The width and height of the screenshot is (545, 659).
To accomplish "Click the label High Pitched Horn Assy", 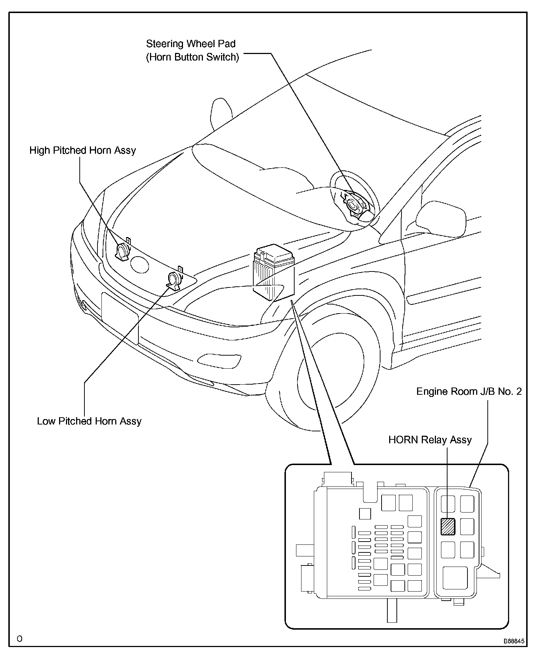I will (83, 150).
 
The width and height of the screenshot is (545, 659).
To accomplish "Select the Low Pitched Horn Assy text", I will (89, 421).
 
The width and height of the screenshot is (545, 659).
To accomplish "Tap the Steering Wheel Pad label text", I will (191, 44).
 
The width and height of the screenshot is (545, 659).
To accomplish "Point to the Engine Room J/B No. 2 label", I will (469, 391).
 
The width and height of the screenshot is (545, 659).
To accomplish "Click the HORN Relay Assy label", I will (430, 440).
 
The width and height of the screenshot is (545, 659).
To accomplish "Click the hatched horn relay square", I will (448, 526).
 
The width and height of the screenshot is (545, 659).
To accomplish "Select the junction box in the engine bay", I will (272, 274).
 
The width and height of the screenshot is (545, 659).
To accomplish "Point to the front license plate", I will (120, 318).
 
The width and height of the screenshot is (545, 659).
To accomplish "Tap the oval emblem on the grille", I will (139, 264).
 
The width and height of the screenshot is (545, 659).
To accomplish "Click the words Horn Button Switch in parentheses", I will (192, 57).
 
